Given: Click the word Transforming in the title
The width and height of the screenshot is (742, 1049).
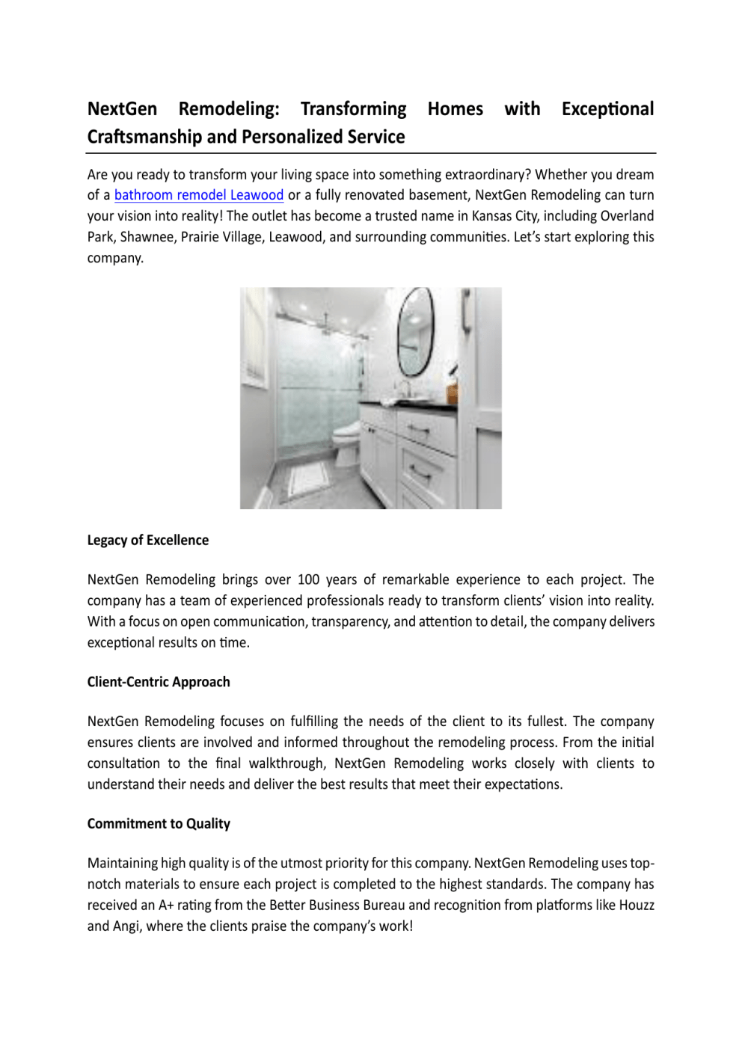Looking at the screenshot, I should click(353, 109).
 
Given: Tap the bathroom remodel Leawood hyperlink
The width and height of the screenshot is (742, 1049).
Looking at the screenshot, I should click(198, 195).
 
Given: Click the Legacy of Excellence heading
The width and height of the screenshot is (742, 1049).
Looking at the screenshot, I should click(148, 540).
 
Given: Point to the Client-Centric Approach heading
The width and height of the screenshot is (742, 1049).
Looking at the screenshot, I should click(159, 682).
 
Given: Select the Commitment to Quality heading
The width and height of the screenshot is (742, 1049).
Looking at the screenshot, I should click(159, 823).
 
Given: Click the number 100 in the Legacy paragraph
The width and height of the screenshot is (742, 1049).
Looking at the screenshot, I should click(308, 579).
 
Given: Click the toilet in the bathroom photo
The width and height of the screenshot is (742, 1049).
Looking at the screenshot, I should click(346, 441).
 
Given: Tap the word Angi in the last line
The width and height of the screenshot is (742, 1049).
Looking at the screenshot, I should click(126, 926).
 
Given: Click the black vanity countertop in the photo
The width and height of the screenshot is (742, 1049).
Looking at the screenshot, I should click(408, 406).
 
